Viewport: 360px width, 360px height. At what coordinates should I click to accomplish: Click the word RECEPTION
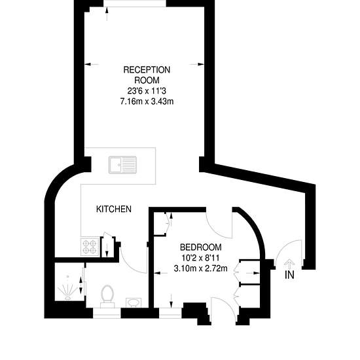(x=147, y=70)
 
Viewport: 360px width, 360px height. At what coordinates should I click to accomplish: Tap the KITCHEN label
(x=114, y=209)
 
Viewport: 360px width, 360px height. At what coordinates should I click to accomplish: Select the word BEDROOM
(x=201, y=247)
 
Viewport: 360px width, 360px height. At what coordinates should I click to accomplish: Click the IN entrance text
(x=289, y=275)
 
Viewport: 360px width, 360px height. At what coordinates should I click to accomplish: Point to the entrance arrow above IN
(x=289, y=264)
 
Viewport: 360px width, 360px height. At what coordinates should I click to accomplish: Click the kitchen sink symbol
(x=122, y=165)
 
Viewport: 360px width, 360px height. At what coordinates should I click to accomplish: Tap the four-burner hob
(x=90, y=247)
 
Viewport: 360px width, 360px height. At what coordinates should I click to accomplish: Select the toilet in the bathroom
(x=107, y=296)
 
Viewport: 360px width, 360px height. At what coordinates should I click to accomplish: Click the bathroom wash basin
(x=134, y=302)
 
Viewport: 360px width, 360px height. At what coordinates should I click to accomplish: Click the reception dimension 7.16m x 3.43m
(x=147, y=101)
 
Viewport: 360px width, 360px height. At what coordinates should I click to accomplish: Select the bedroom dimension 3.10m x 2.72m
(x=201, y=268)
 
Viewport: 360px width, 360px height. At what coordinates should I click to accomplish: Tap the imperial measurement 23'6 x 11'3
(x=147, y=91)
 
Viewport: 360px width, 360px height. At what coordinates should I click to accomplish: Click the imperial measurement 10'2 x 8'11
(x=201, y=258)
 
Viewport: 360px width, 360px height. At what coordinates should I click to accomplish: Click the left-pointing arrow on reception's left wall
(x=92, y=65)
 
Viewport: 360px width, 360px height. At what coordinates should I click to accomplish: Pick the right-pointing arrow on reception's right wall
(x=196, y=65)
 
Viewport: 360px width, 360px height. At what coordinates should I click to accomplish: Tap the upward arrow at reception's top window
(x=107, y=14)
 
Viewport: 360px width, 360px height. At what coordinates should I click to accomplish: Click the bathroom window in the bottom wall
(x=107, y=313)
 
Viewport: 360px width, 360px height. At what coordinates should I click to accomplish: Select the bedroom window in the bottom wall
(x=170, y=313)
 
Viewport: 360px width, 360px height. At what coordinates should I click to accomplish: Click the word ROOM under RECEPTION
(x=147, y=81)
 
